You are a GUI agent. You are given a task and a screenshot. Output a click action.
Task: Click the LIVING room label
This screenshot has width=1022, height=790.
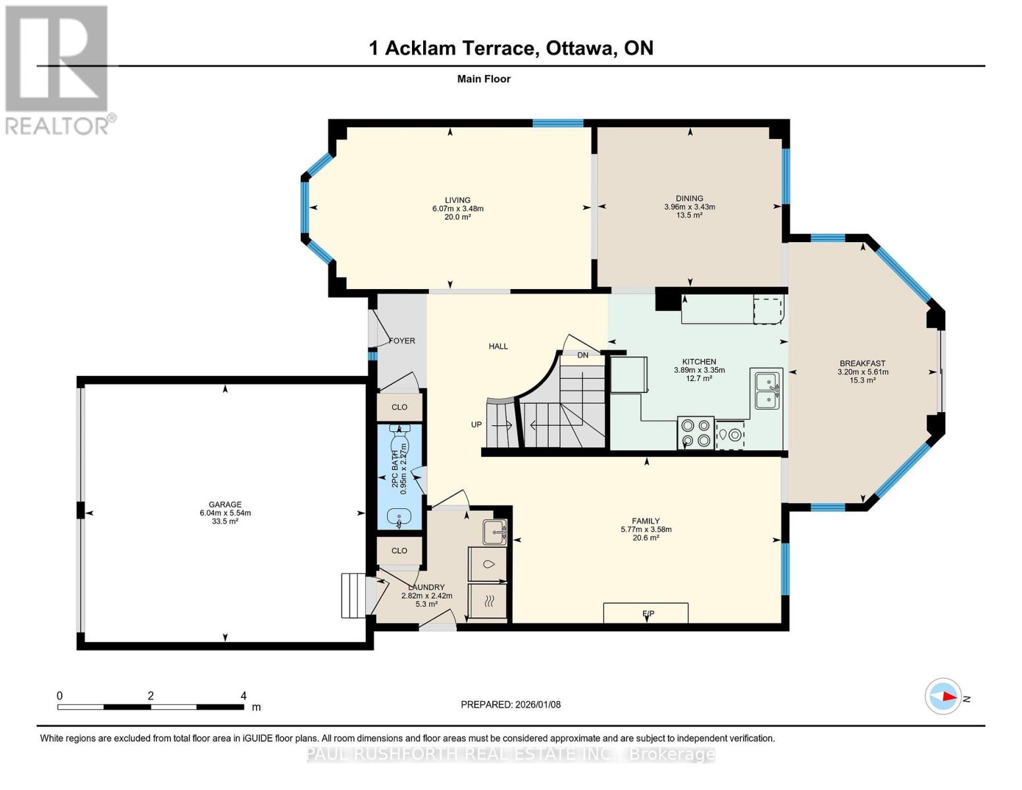coord(457,200)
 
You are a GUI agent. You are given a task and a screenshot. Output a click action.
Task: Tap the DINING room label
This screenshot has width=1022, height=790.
coord(689,198)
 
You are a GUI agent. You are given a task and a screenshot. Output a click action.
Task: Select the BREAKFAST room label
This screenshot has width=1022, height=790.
coord(862,363)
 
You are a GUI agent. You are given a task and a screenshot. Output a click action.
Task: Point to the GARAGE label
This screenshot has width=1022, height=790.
coord(225,505)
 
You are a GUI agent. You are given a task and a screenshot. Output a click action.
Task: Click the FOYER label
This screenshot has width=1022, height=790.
coord(402,341)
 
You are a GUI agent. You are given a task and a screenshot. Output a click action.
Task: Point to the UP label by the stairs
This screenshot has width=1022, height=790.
coord(476,425)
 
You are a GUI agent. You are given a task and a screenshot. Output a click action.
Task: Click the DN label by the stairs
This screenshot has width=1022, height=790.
coord(582,355)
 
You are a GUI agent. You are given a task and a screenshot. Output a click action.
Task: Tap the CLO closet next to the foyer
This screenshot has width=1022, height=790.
coord(399,408)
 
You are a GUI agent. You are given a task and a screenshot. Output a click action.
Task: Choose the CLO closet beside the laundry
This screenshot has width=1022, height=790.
coord(399,551)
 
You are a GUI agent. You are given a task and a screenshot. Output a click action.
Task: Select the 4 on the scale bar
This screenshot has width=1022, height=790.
coord(243,696)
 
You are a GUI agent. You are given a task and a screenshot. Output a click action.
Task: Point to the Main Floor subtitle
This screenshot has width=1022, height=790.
coord(484,79)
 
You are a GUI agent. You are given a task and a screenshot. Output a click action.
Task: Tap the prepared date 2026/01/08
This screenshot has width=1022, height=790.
coord(536,704)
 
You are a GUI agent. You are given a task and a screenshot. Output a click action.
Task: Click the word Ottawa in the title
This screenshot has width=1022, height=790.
coord(577,48)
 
